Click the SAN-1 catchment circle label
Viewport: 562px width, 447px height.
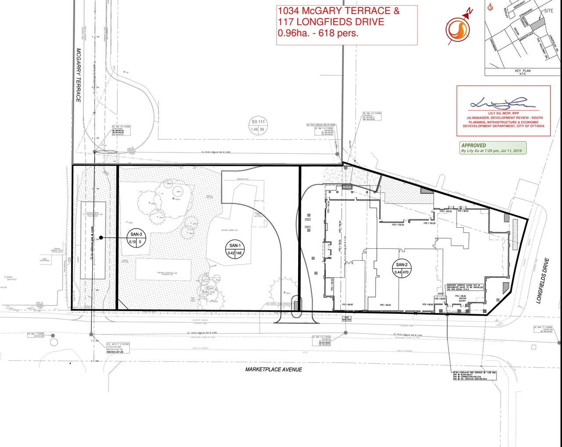pos(235,249)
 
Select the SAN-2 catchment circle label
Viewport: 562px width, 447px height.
pos(402,269)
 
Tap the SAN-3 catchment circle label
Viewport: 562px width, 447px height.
pos(137,238)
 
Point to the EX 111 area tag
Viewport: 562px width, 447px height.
pos(259,126)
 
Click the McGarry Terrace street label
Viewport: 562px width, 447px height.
pos(79,75)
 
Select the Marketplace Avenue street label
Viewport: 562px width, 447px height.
pos(274,370)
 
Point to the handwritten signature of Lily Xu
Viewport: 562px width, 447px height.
pos(502,104)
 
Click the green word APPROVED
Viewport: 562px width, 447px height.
pos(473,145)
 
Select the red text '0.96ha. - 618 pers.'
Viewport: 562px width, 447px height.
pos(318,33)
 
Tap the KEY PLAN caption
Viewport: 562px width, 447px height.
pos(522,71)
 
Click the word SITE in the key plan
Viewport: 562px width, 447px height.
pos(548,11)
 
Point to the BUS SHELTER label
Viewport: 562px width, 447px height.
pos(347,319)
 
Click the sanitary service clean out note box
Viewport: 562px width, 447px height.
pos(465,287)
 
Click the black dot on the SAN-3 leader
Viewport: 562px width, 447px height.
pos(101,237)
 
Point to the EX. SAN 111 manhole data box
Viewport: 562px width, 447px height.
pos(543,329)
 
